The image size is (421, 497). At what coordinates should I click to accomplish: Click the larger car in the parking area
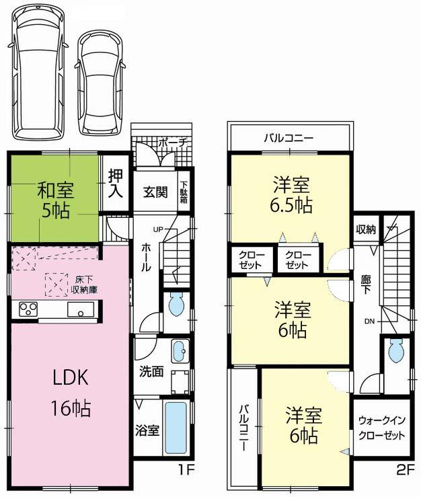pyautogui.click(x=38, y=71)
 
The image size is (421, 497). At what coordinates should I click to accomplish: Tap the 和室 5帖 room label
pyautogui.click(x=53, y=200)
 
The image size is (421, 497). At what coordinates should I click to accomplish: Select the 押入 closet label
pyautogui.click(x=116, y=182)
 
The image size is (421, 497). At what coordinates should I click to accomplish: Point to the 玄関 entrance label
pyautogui.click(x=154, y=192)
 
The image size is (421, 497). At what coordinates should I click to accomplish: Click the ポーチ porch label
pyautogui.click(x=176, y=143)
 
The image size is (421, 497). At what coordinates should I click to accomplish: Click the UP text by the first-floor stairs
pyautogui.click(x=159, y=229)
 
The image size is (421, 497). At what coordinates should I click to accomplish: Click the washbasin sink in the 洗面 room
pyautogui.click(x=180, y=351)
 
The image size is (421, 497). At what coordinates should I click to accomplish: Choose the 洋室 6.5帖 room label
pyautogui.click(x=292, y=194)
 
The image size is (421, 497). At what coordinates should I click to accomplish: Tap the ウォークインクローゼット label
pyautogui.click(x=381, y=427)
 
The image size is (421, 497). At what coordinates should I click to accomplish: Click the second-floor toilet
pyautogui.click(x=396, y=350)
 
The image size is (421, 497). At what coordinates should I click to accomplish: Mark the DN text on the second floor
pyautogui.click(x=370, y=321)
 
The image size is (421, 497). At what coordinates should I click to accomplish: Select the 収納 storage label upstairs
pyautogui.click(x=366, y=230)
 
